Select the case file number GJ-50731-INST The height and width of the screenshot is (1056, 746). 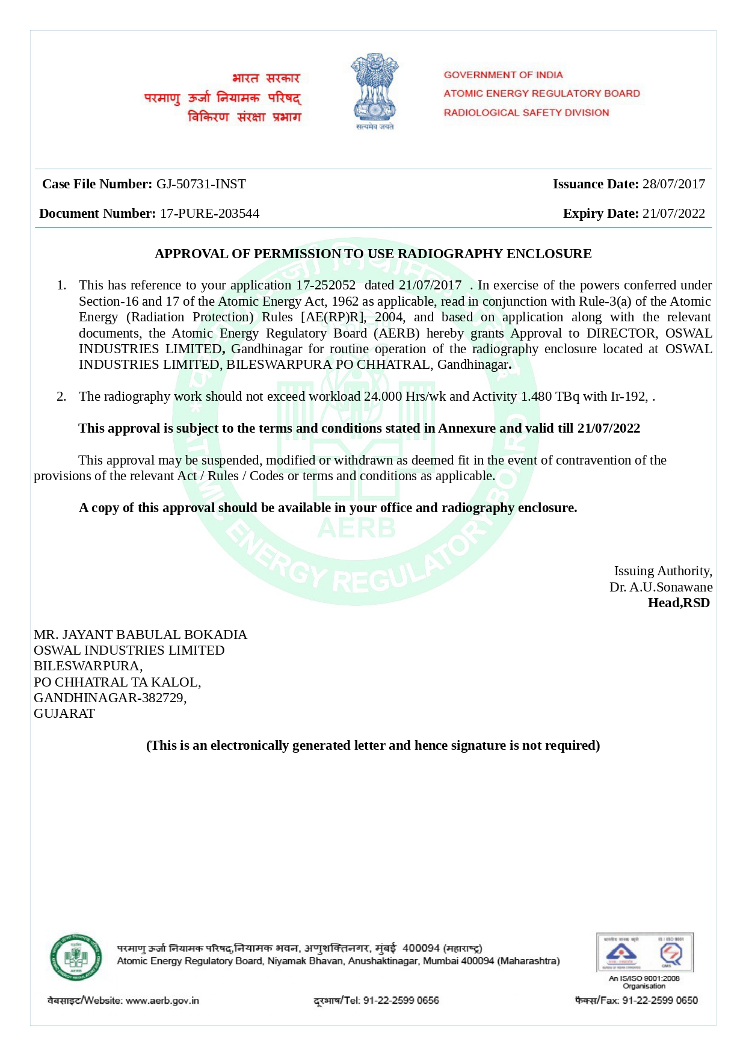tap(201, 184)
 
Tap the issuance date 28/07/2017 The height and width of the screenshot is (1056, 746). tap(673, 184)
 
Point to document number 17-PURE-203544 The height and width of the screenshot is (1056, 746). tap(209, 214)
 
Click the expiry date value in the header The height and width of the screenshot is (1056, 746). tap(673, 214)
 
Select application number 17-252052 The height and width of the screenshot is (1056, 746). tap(325, 285)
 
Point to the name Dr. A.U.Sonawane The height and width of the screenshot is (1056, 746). tap(661, 587)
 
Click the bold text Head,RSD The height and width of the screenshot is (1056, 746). tap(678, 603)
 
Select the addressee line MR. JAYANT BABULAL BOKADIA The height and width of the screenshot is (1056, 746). tap(140, 635)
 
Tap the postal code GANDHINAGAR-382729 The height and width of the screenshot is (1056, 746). tap(110, 698)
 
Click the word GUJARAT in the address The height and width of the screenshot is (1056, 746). tap(64, 714)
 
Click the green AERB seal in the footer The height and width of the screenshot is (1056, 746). tap(75, 957)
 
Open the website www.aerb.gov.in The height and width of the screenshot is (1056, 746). tap(162, 1001)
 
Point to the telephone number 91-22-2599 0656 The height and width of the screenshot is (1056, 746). tap(401, 1001)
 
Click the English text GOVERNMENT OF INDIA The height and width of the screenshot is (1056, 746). tap(503, 75)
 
